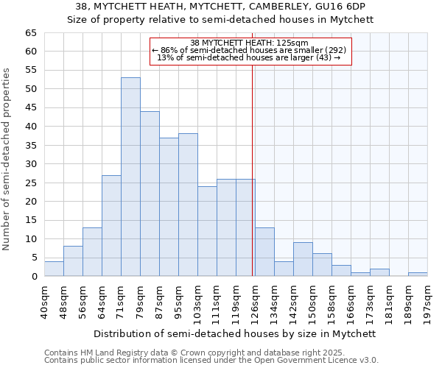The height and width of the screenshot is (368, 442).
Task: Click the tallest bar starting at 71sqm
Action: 130,177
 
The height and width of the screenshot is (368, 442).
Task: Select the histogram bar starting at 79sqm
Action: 150,194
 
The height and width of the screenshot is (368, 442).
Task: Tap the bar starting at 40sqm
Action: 54,269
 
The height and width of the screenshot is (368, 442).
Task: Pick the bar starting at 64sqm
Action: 111,225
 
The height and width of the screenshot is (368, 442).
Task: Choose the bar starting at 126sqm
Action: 264,252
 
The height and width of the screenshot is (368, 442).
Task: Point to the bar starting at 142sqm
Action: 303,259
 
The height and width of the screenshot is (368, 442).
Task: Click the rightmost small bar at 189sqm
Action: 418,275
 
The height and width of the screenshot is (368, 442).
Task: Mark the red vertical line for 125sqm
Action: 252,162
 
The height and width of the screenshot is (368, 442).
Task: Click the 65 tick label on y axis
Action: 30,33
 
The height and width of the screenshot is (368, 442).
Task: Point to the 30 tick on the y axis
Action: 30,164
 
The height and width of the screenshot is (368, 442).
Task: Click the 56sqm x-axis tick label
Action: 83,300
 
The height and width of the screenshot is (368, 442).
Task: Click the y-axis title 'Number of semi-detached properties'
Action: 7,159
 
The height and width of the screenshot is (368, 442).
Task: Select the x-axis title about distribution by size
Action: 236,333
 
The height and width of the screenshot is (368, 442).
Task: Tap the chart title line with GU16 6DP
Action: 221,7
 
